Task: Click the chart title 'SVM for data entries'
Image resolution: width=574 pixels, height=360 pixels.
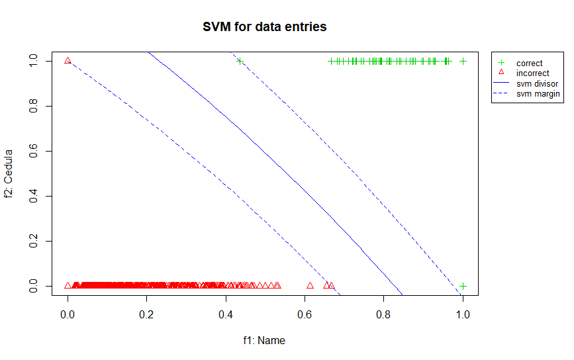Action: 265,27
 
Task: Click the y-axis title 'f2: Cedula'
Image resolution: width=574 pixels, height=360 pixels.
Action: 10,173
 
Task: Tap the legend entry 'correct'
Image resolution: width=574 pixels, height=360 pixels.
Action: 529,64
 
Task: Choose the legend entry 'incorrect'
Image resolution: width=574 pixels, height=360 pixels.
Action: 532,73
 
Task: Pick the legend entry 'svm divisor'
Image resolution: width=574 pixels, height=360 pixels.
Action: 537,84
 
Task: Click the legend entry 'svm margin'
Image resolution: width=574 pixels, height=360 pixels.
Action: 538,94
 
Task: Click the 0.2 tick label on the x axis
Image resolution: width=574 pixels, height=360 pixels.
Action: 146,316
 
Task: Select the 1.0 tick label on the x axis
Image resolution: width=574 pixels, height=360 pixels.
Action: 463,316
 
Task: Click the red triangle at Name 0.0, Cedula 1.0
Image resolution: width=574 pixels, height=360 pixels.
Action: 68,60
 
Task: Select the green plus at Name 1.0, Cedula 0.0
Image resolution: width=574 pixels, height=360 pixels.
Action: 463,286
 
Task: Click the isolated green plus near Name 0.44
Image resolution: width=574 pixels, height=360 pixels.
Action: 240,61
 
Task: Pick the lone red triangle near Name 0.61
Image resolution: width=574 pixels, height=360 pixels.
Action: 310,285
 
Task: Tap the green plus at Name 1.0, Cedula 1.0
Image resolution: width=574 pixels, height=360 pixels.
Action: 463,61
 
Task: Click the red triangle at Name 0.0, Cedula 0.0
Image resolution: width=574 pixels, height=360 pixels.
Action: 68,285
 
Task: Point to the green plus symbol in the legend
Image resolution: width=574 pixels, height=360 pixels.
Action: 501,64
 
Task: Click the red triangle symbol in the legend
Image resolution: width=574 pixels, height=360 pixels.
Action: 501,73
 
